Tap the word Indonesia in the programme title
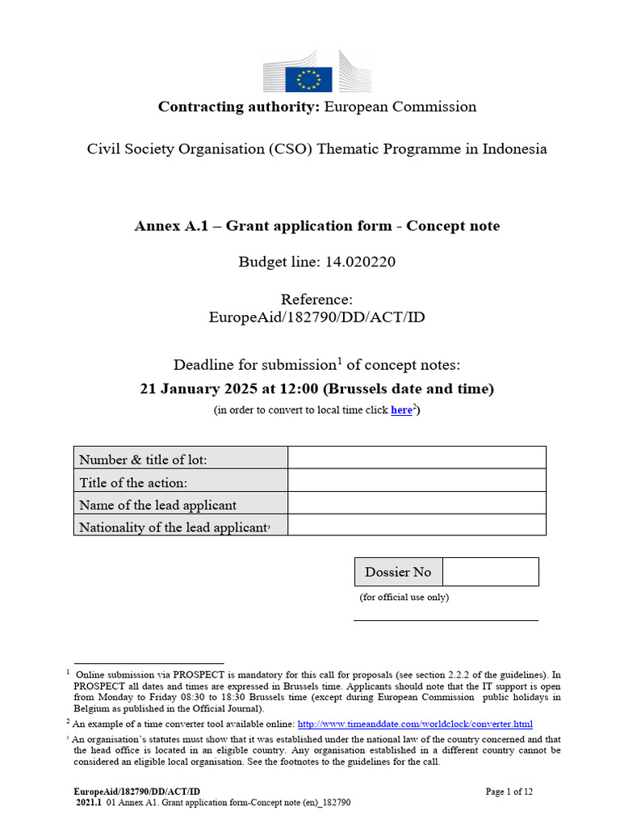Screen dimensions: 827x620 pos(513,149)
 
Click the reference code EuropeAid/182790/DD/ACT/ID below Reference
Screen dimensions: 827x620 pos(316,317)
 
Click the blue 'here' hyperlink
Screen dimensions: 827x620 pos(401,410)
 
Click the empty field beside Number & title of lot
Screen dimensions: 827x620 pos(417,458)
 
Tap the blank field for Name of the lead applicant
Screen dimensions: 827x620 pos(417,503)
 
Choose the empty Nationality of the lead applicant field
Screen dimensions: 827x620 pos(417,525)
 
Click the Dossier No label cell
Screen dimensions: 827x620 pos(398,572)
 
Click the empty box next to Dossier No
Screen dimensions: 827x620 pos(490,572)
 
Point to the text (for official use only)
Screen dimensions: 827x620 pos(404,598)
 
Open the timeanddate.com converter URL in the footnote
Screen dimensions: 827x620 pos(415,724)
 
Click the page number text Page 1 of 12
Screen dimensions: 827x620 pos(509,791)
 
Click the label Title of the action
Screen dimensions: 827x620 pos(133,482)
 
